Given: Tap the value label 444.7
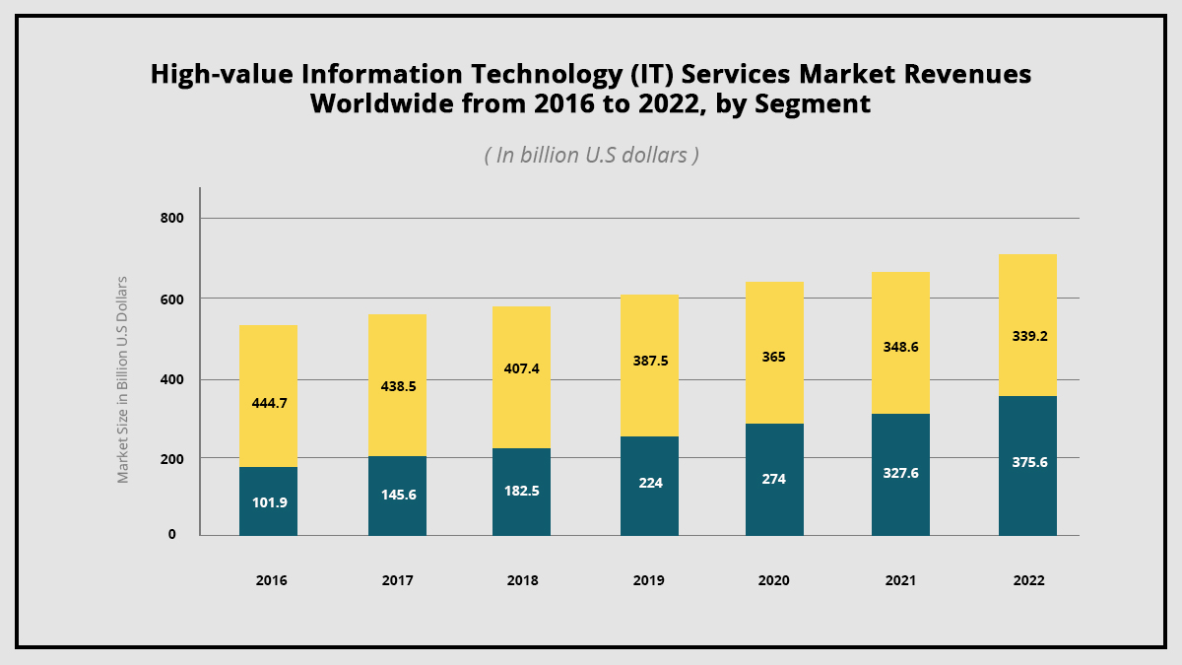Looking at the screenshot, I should pos(268,402).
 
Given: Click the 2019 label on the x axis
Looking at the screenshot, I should pos(648,581).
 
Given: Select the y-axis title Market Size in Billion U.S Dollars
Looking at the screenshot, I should pos(123,379).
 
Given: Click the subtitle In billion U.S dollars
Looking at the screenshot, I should pos(591,155).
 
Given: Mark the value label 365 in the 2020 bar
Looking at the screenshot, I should pos(774,357).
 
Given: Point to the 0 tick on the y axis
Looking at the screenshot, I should pos(171,535).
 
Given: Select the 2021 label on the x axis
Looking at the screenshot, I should pos(899,581).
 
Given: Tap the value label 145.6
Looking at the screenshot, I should pos(397,495).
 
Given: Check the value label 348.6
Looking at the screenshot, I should pos(900,347).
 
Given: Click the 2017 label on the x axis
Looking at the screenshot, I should pos(397,581).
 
